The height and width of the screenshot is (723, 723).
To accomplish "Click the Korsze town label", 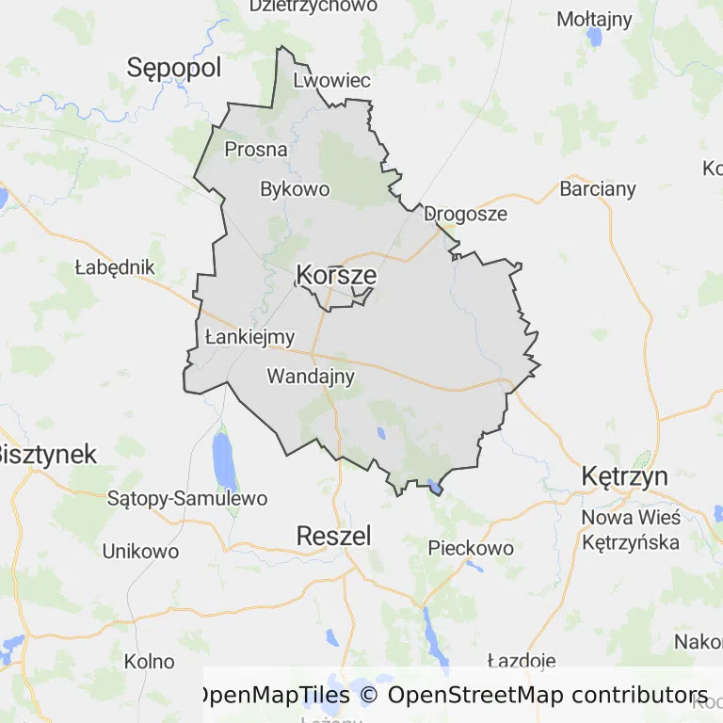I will pyautogui.click(x=336, y=275).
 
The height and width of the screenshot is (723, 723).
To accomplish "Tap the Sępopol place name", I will pyautogui.click(x=174, y=68).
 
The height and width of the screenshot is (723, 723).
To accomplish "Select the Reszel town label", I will pyautogui.click(x=333, y=536).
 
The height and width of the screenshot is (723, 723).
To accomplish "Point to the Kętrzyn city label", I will pyautogui.click(x=625, y=475).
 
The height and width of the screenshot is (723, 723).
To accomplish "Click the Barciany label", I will pyautogui.click(x=598, y=188).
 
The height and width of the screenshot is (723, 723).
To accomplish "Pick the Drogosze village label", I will pyautogui.click(x=465, y=214).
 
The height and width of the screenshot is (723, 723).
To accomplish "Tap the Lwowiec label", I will pyautogui.click(x=332, y=80).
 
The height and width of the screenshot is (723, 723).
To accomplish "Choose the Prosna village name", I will pyautogui.click(x=256, y=149).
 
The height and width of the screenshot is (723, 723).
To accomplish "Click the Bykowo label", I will pyautogui.click(x=295, y=189).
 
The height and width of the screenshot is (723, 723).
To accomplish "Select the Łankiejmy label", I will pyautogui.click(x=249, y=336).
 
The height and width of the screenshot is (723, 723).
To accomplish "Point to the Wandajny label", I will pyautogui.click(x=311, y=377).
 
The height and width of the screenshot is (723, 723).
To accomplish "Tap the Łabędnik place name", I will pyautogui.click(x=114, y=267).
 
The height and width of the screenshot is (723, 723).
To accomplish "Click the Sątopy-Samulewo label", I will pyautogui.click(x=187, y=498).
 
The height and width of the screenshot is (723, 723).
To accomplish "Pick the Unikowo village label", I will pyautogui.click(x=140, y=551).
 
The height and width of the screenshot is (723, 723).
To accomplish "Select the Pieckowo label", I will pyautogui.click(x=471, y=548).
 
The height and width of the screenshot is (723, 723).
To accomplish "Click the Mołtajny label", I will pyautogui.click(x=594, y=19).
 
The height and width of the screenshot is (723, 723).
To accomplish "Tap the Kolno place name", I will pyautogui.click(x=150, y=661).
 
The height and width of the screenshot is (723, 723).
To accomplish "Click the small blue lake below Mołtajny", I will pyautogui.click(x=594, y=38).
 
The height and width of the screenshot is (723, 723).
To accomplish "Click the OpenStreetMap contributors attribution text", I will pyautogui.click(x=547, y=696).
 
